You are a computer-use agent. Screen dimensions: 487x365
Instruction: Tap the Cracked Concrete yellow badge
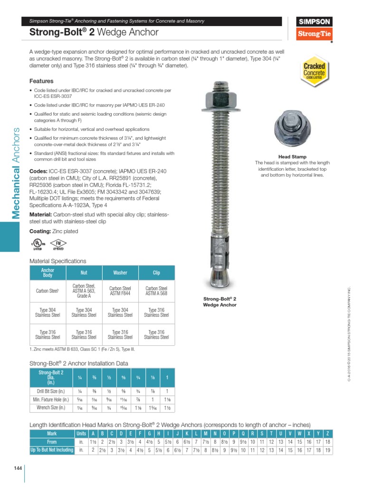tap(314, 71)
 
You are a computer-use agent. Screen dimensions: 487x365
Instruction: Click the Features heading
tap(41, 81)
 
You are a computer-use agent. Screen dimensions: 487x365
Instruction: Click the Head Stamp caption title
tap(292, 156)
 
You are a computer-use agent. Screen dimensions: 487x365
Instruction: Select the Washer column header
tap(120, 273)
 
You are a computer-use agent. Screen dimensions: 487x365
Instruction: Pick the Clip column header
tap(156, 273)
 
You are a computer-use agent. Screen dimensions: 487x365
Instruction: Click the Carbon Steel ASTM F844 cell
tap(120, 291)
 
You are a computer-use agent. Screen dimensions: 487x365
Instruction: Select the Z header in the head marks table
tap(327, 433)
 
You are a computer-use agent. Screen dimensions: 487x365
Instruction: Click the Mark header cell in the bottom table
tap(52, 433)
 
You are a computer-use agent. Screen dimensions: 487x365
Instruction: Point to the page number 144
tap(18, 468)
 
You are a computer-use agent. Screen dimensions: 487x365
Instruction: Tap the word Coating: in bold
tap(40, 231)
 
